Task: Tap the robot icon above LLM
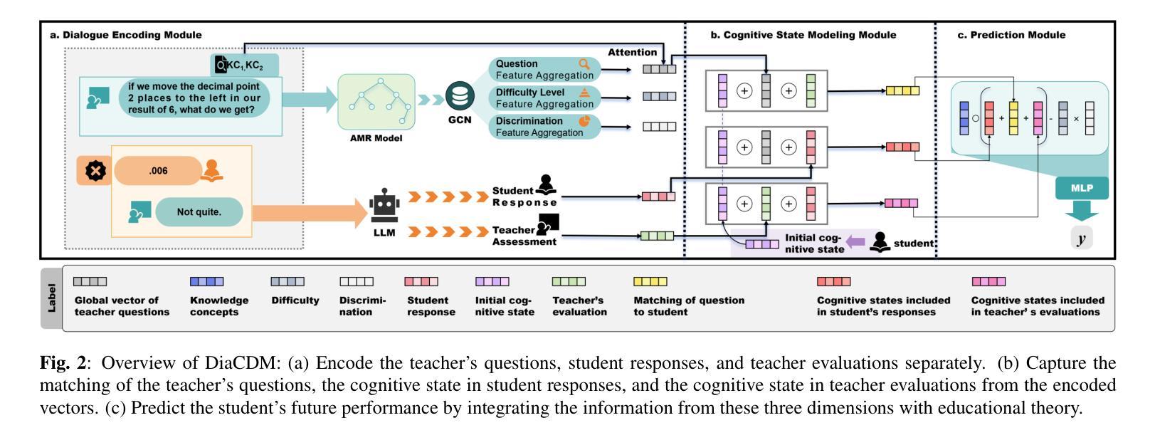click(384, 206)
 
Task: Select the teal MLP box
click(1082, 189)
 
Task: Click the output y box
click(1081, 239)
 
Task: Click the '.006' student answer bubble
click(159, 171)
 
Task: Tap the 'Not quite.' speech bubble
click(199, 212)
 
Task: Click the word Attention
click(632, 52)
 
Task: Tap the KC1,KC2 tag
click(245, 66)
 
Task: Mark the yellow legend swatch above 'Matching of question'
click(650, 282)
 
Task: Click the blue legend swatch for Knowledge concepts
click(206, 282)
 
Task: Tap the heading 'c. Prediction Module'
click(1011, 35)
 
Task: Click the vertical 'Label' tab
click(51, 298)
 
